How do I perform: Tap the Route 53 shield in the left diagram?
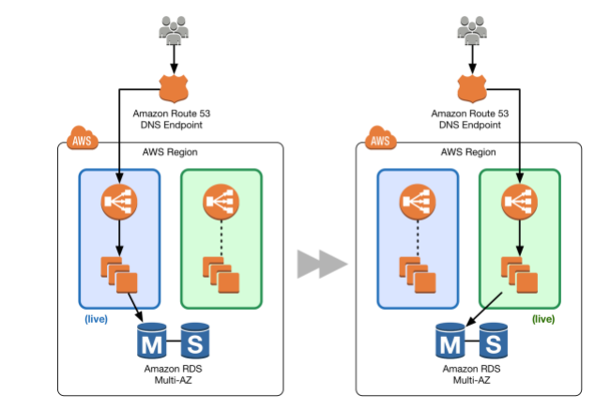[x=174, y=90]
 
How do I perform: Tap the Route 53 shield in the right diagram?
[x=472, y=90]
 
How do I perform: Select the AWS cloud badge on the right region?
[x=380, y=142]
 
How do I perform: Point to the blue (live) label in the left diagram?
[x=96, y=320]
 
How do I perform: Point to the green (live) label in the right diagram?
[x=543, y=320]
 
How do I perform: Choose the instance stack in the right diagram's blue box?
[x=419, y=273]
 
